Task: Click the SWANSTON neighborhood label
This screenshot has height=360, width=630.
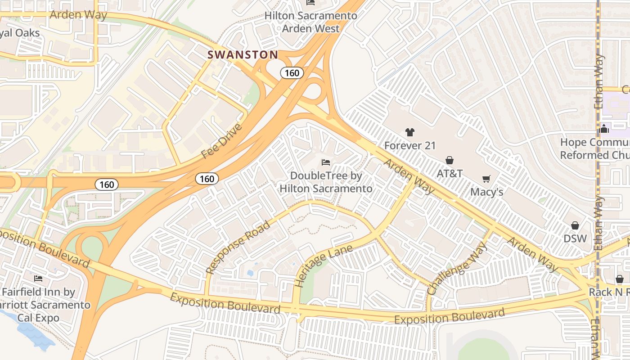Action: [243, 55]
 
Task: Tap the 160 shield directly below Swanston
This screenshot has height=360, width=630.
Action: [292, 73]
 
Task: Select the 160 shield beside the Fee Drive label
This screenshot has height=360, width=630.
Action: [207, 179]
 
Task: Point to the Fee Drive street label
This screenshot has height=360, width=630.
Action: [221, 141]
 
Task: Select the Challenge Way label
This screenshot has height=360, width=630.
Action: [457, 268]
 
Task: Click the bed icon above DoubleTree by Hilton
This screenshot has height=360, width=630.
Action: [326, 162]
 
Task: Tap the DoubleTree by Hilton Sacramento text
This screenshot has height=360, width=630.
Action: [326, 182]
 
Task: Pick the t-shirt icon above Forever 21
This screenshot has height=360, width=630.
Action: [409, 132]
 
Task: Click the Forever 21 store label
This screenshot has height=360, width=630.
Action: [409, 145]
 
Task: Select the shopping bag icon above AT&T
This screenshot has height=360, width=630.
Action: [449, 160]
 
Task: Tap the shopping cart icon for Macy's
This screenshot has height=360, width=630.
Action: [486, 179]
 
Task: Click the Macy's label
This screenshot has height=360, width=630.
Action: [486, 192]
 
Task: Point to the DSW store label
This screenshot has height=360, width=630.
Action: [575, 238]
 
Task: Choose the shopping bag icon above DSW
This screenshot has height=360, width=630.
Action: [575, 225]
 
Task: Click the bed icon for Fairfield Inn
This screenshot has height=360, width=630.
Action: [38, 279]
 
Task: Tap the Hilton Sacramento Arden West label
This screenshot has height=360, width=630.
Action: [310, 22]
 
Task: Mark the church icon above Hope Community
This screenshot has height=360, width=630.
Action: [604, 129]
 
